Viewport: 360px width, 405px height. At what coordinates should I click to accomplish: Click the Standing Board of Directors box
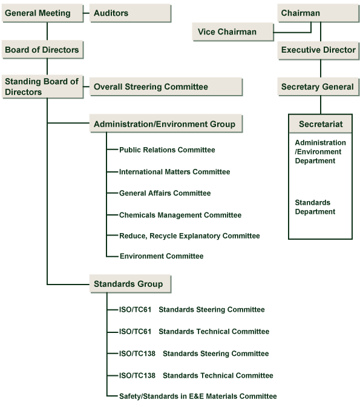point(42,87)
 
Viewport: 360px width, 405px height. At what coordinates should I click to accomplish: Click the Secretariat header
point(321,124)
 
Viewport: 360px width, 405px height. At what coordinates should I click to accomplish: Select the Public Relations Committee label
point(167,150)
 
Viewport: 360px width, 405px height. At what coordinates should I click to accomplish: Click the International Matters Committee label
point(174,172)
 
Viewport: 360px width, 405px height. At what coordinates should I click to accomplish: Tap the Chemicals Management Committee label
point(180,215)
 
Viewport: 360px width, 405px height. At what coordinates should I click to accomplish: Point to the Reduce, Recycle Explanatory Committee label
point(189,235)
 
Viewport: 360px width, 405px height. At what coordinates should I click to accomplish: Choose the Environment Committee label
point(161,256)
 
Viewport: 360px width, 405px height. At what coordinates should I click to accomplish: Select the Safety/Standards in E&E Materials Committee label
point(198,396)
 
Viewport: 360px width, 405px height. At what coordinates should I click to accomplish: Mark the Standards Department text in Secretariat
point(315,207)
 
